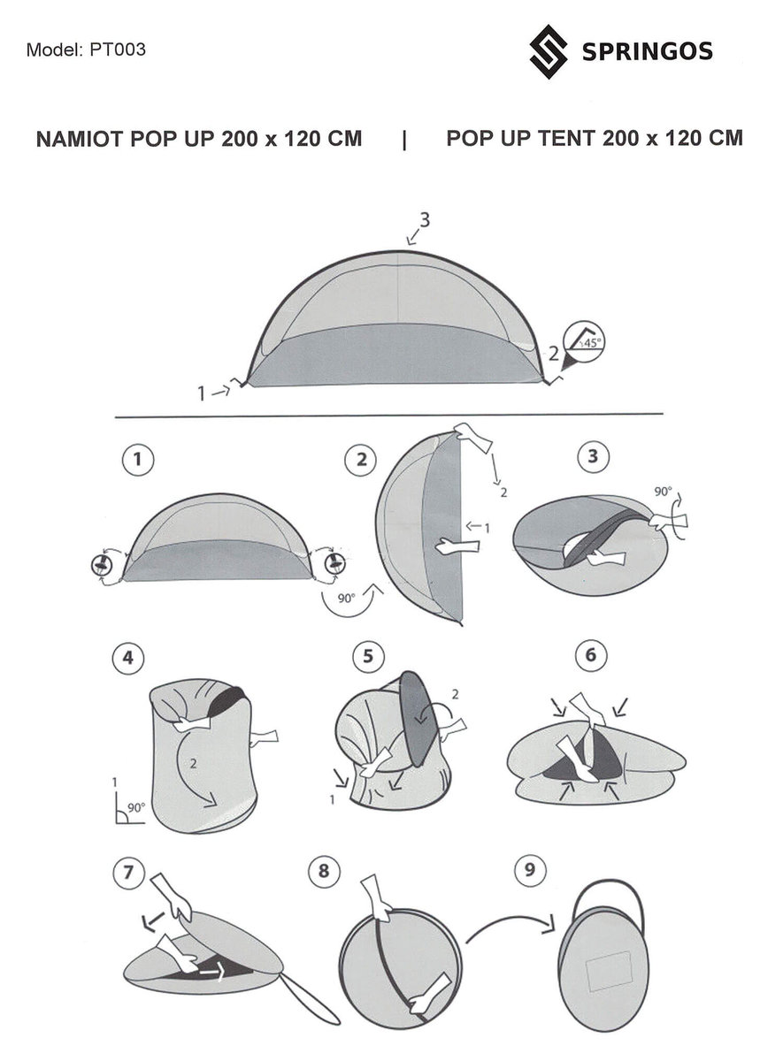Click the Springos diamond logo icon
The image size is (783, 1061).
point(549,51)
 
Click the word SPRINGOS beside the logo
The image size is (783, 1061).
point(648,51)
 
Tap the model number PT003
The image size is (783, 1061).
point(118,50)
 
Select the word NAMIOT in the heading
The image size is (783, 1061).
point(80,139)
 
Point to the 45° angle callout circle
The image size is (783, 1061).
point(584,342)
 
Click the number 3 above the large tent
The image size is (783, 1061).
point(425,220)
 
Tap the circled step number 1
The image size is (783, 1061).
point(138,460)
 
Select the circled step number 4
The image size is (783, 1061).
point(128,659)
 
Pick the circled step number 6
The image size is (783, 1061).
point(591,655)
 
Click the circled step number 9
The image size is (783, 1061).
point(530,869)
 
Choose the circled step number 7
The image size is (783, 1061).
point(128,873)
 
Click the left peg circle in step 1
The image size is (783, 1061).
point(102,565)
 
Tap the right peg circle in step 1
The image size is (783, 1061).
point(335,564)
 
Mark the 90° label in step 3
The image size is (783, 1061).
point(663,492)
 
